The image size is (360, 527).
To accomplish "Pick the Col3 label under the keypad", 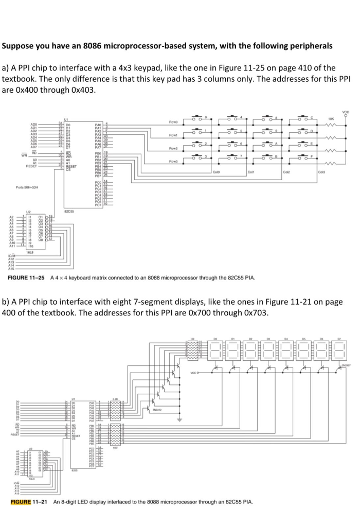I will click(322, 172).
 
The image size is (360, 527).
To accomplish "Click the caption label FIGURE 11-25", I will click(26, 278).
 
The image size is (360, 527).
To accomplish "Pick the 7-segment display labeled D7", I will click(338, 350).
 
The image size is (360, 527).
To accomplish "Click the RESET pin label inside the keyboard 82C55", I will click(72, 166).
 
